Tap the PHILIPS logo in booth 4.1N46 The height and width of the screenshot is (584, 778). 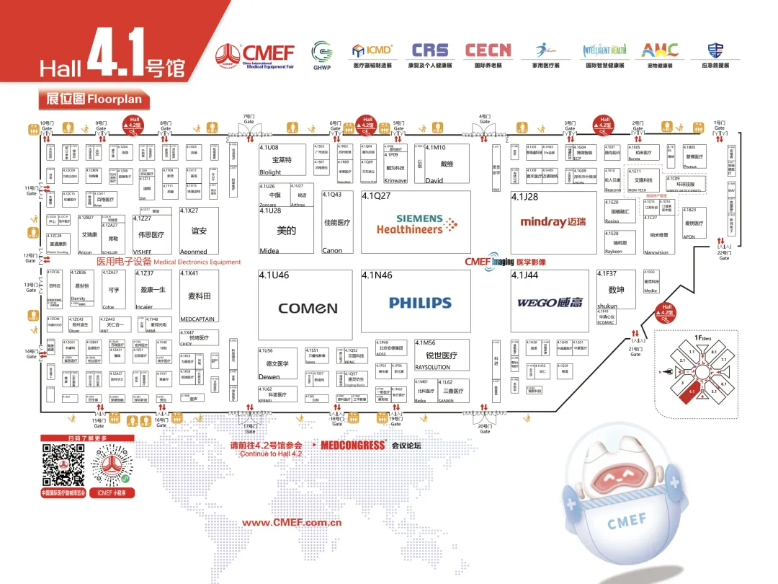[420, 303]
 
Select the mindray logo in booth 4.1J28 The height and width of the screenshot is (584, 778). [553, 222]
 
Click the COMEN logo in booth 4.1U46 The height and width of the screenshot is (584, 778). [308, 308]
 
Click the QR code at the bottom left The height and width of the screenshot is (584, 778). [63, 465]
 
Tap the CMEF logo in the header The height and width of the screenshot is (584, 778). [256, 53]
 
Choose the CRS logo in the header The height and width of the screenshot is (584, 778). [429, 50]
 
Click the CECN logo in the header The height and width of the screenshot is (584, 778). [488, 50]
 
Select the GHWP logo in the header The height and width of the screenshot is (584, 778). [321, 52]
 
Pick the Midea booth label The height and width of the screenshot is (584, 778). [269, 251]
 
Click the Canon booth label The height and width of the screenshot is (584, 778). [332, 251]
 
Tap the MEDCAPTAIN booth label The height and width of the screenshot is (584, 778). [197, 319]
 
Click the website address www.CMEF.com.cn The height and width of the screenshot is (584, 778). [291, 523]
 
